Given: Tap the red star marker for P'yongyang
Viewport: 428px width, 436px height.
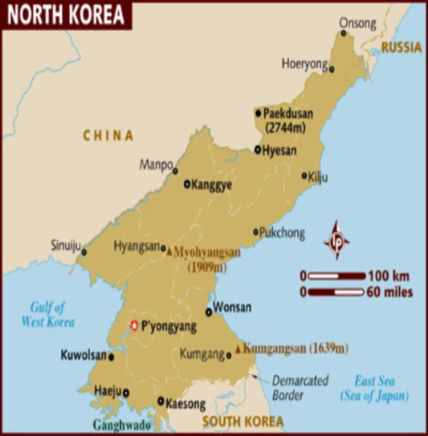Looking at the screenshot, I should pos(134,325).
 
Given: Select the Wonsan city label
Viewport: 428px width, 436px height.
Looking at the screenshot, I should pos(234,308).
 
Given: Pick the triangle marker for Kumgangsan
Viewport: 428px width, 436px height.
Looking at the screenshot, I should pos(238,349).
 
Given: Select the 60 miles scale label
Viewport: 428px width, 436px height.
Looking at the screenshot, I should pos(390,293).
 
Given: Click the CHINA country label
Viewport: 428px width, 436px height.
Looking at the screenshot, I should pos(109,136).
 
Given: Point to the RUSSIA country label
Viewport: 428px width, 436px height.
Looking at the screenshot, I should pos(402,48).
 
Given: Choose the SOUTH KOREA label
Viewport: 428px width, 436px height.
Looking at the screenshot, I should pos(242,421).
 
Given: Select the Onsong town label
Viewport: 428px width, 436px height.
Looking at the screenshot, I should pos(357,22).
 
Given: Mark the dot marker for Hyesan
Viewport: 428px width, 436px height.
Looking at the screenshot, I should pos(258,149).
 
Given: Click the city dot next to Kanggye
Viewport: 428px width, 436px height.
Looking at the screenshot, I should pos(187,184).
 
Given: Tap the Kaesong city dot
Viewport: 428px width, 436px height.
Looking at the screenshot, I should pos(161,401).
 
